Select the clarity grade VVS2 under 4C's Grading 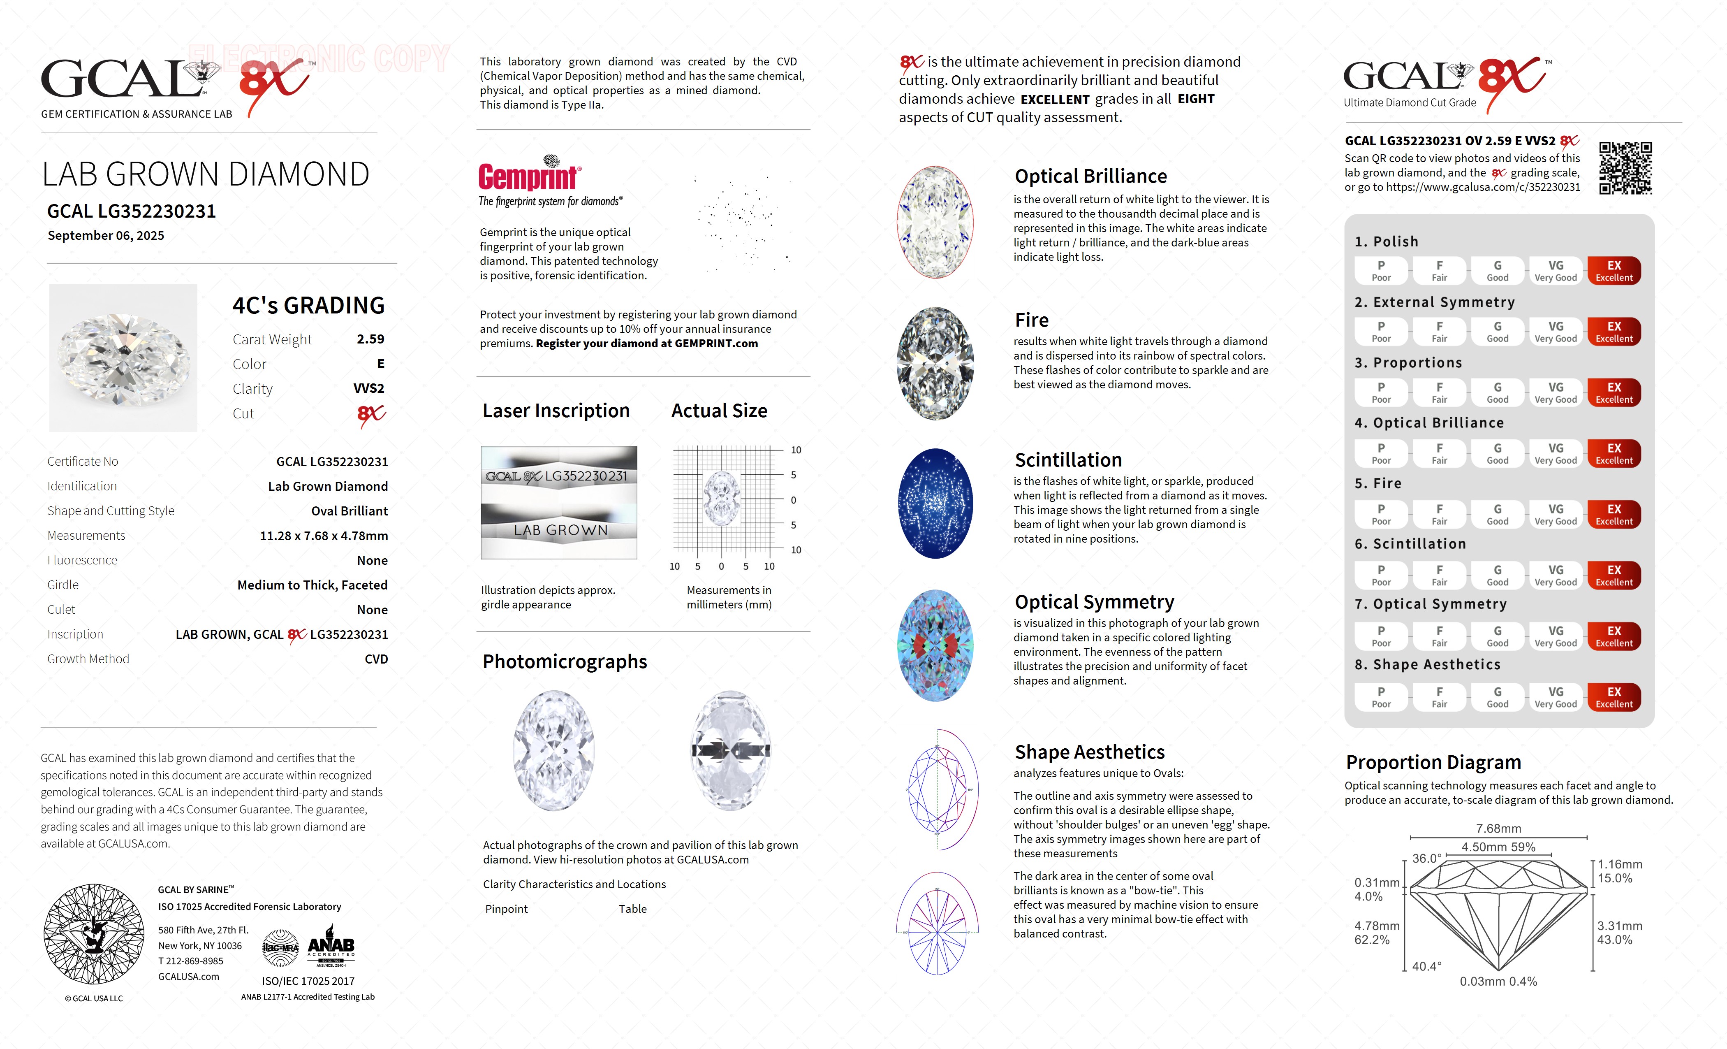369,388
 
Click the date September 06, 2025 106,236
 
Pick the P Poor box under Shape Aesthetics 1381,697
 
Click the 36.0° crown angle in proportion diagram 1426,858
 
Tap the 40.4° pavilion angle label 1426,966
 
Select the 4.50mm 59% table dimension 1498,847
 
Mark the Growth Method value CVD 376,659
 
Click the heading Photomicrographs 564,662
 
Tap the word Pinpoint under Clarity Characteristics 506,909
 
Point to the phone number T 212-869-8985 191,961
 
